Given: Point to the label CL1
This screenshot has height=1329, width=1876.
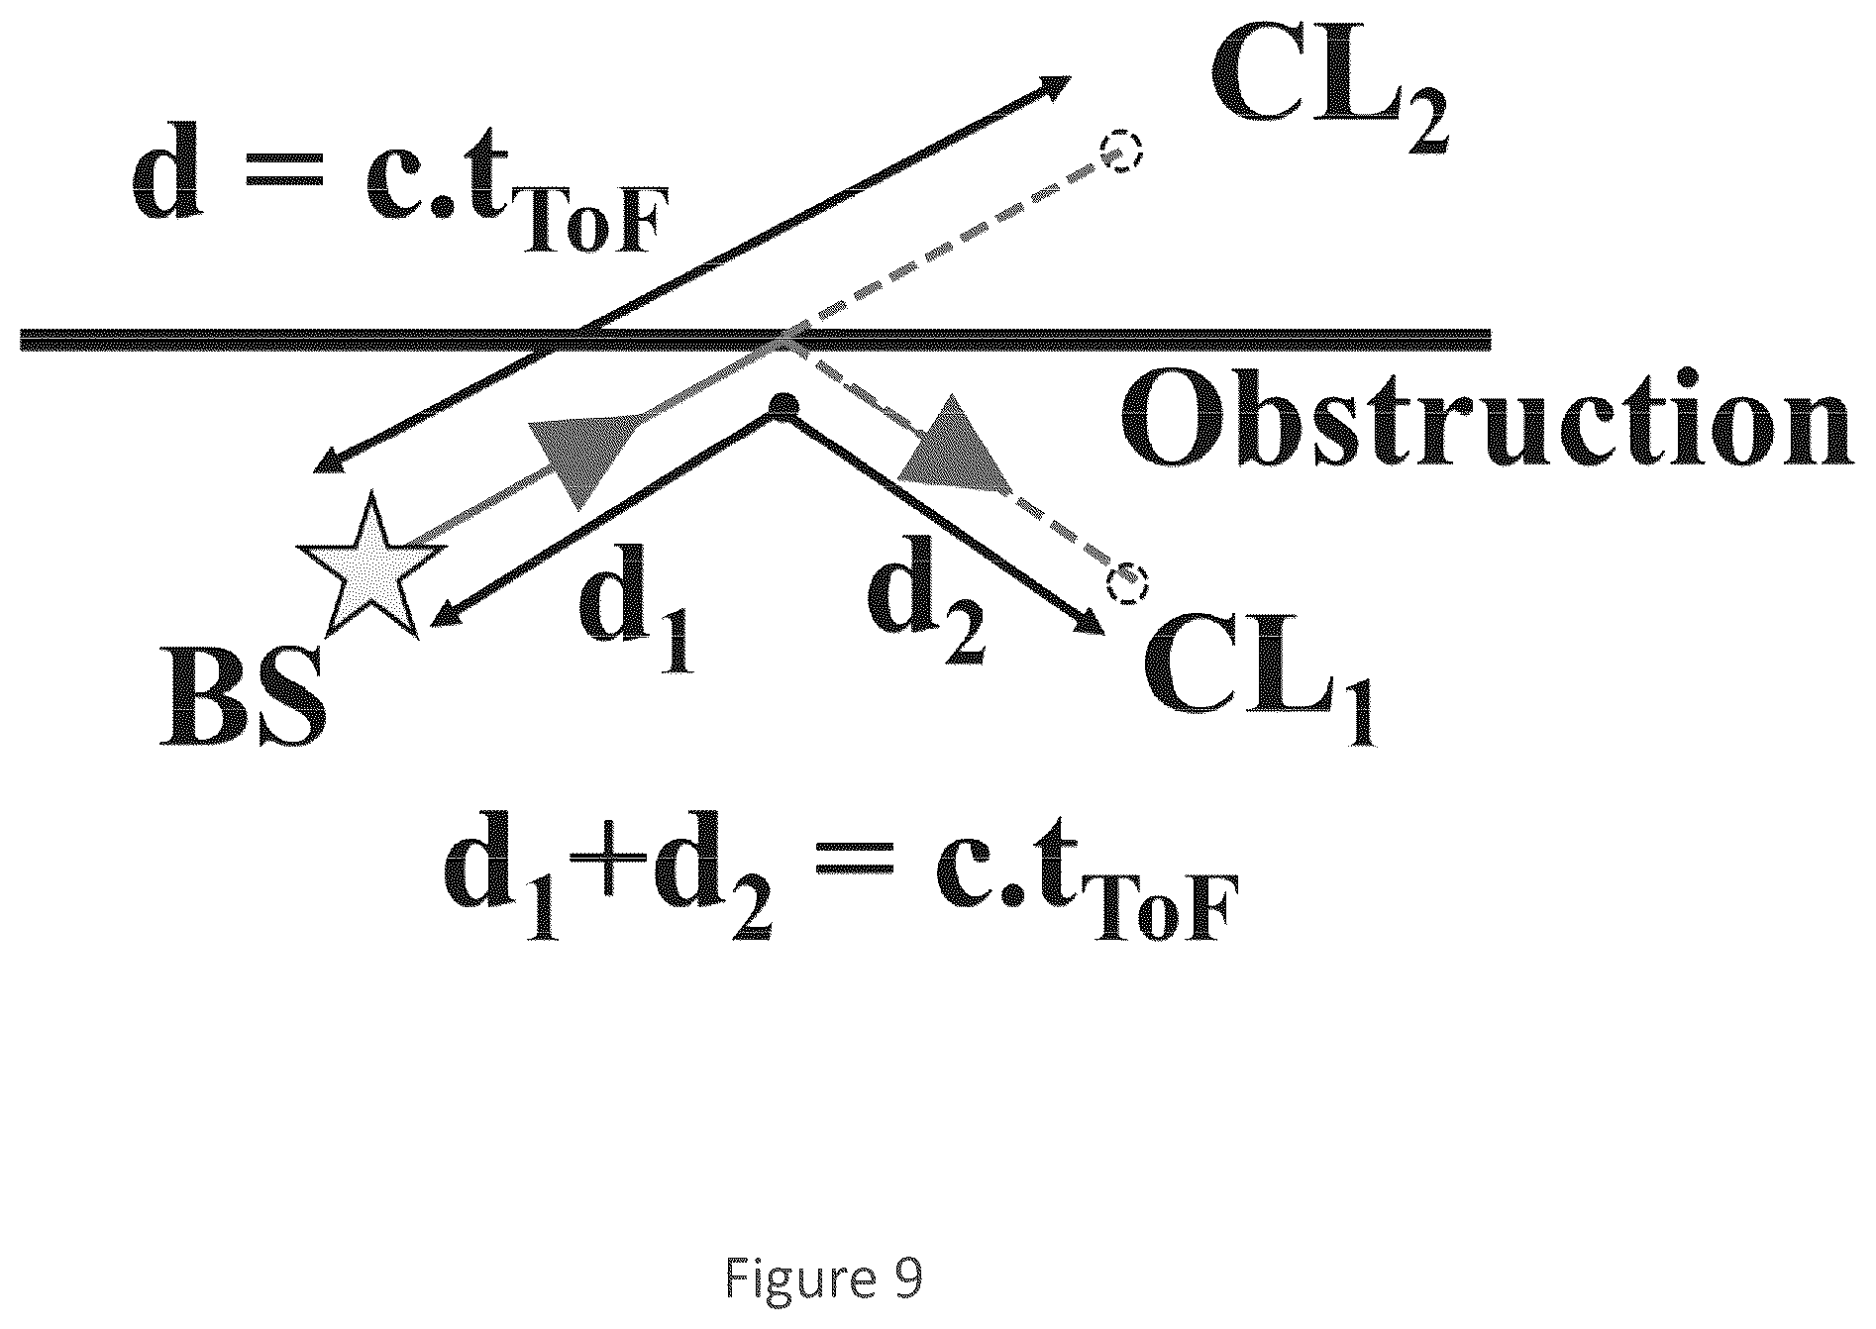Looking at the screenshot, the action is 1259,684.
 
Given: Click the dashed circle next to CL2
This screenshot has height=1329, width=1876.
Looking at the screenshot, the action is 1123,153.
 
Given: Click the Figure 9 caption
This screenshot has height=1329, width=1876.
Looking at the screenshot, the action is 823,1278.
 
